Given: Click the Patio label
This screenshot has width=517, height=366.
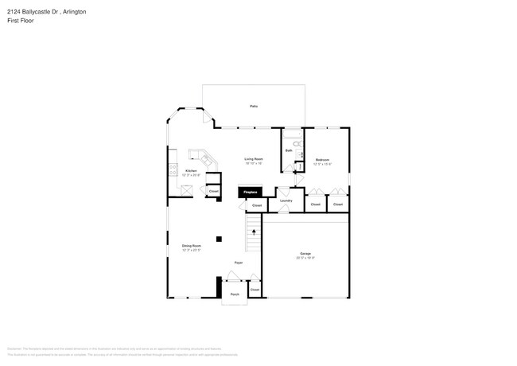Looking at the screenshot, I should (254, 106).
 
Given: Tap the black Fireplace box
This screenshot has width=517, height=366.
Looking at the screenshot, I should (250, 192).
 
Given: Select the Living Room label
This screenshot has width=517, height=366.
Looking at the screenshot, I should (254, 160).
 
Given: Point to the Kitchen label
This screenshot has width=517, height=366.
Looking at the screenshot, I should (191, 171).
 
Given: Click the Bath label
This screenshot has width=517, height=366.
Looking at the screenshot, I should (289, 150).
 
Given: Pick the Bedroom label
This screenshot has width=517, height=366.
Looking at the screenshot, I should (323, 160).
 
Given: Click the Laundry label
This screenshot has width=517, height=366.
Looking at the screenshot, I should (286, 201).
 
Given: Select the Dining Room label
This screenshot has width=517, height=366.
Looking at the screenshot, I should (191, 247).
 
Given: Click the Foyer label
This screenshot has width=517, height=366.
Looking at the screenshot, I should (238, 263).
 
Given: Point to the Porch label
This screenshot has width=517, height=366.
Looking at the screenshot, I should (235, 294).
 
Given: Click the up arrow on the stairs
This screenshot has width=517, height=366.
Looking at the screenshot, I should (255, 232).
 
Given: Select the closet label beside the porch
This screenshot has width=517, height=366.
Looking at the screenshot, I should (255, 290).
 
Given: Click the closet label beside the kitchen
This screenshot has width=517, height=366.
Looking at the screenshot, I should (213, 192).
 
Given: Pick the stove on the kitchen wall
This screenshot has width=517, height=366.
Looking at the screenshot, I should (170, 169).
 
